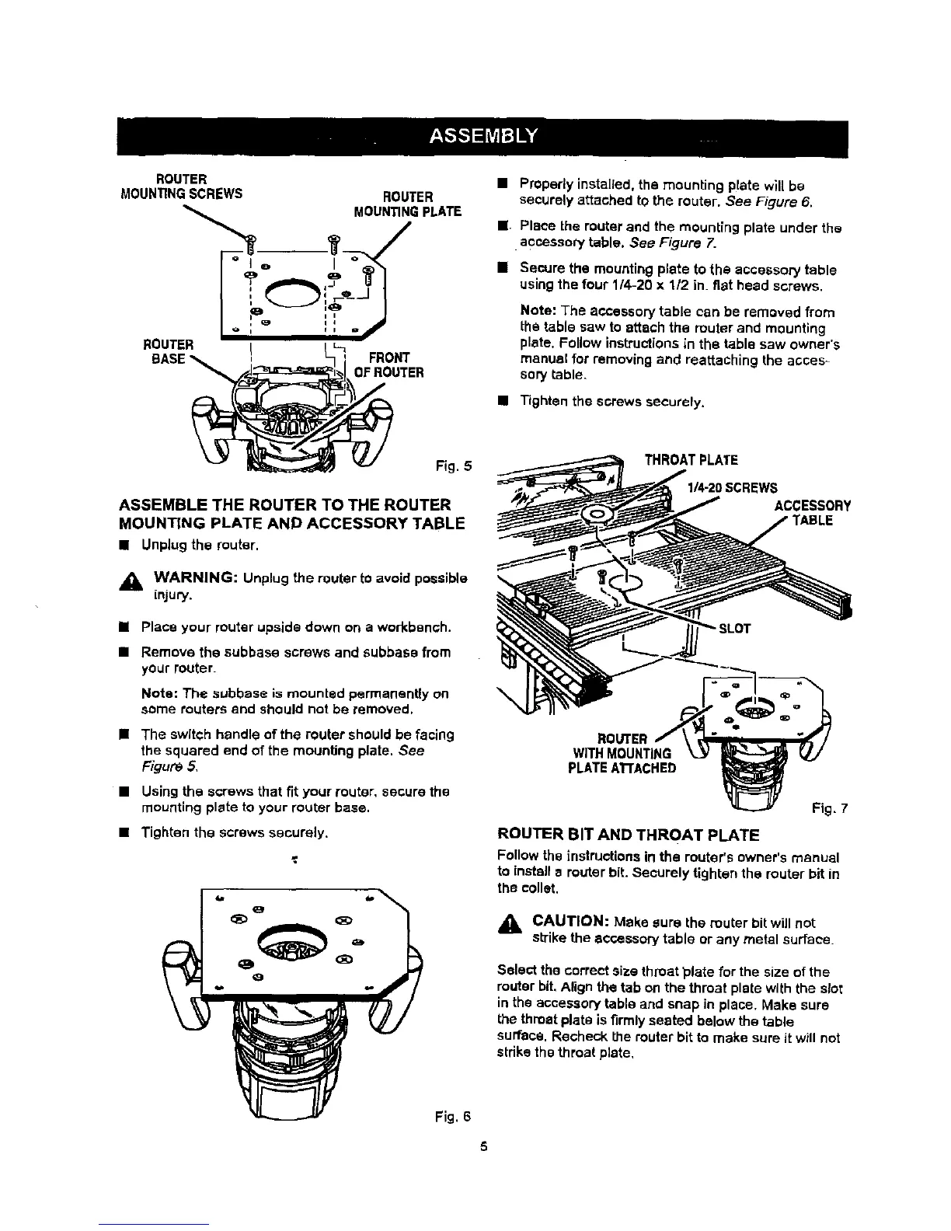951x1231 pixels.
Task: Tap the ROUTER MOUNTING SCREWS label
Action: coord(176,186)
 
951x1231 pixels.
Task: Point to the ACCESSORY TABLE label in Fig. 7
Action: coord(812,513)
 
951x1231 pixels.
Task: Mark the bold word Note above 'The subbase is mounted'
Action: coord(158,693)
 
